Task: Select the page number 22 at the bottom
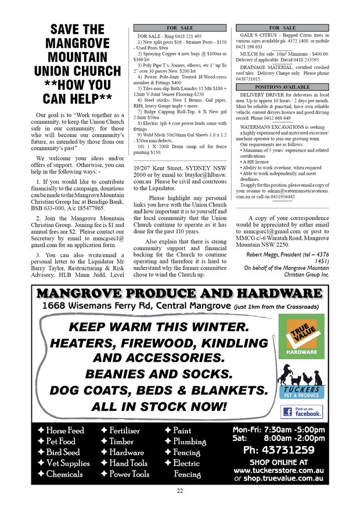(180, 492)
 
